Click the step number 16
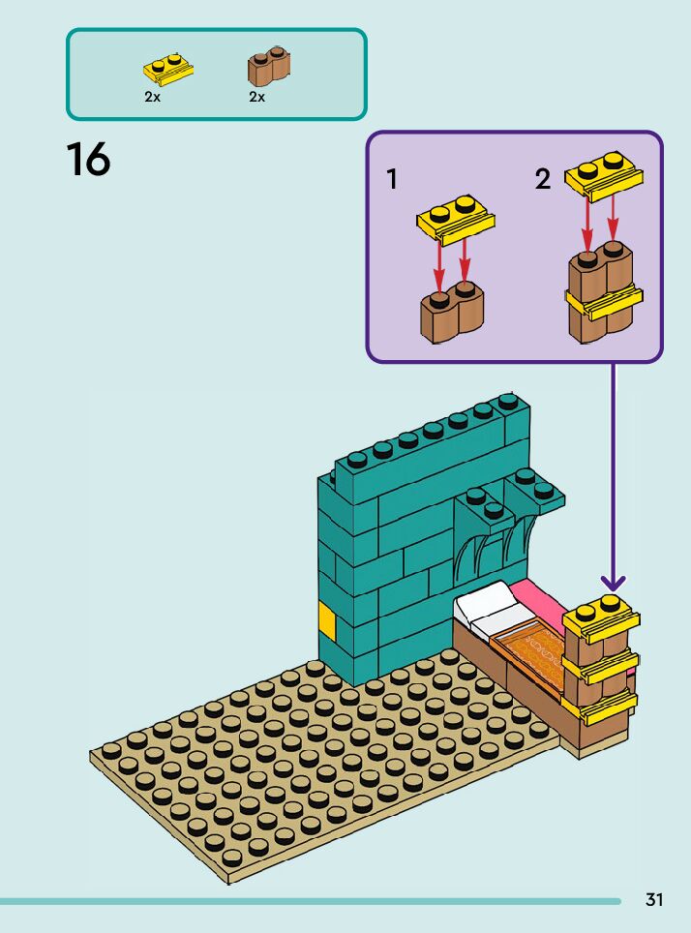[88, 161]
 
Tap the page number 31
[654, 900]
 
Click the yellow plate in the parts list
[168, 68]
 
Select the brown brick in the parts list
[269, 66]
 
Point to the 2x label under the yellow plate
[152, 97]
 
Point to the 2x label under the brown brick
[256, 97]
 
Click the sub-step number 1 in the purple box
[392, 180]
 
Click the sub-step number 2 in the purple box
[543, 179]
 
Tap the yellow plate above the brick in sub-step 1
[455, 219]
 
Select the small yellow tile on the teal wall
[327, 620]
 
